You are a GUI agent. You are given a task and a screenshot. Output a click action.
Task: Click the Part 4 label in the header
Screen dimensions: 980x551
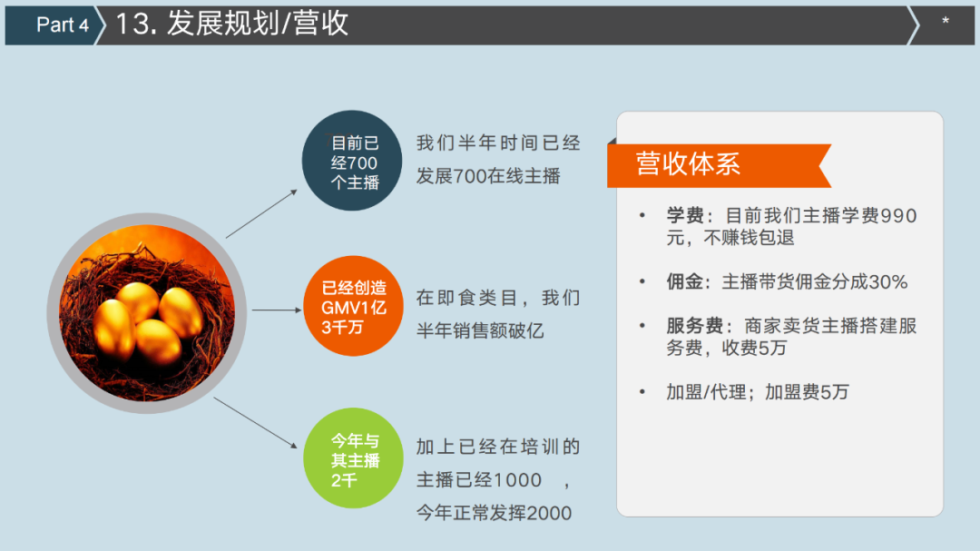pos(62,25)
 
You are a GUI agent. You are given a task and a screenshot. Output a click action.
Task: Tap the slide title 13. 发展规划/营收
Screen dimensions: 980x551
pos(232,24)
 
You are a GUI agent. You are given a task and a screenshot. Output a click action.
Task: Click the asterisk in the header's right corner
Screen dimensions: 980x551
pos(945,22)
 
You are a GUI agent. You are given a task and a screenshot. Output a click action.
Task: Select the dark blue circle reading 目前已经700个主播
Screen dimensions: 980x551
pos(352,161)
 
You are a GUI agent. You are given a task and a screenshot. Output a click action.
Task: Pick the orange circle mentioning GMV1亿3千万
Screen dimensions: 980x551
pos(353,307)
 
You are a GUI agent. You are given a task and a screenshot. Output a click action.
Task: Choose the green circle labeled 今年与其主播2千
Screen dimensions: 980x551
pos(353,458)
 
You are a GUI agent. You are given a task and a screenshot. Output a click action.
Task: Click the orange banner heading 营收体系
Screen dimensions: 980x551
pos(719,165)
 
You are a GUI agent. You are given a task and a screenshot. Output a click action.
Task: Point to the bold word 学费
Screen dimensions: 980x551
pos(685,216)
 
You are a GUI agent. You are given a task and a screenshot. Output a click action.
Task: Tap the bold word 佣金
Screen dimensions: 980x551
pos(685,282)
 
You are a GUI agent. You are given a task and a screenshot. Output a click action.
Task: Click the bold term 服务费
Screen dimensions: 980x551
pos(694,326)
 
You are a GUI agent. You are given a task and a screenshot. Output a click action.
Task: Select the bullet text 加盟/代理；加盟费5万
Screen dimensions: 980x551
pos(758,392)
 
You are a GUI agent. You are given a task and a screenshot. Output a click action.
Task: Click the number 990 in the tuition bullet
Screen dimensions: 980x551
pos(898,216)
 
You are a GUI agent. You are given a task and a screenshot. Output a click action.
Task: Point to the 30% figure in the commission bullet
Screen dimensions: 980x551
pos(888,282)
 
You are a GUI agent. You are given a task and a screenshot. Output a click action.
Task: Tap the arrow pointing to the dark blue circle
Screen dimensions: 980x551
pos(261,214)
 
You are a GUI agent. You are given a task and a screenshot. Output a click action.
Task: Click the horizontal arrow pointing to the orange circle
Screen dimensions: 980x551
pos(277,310)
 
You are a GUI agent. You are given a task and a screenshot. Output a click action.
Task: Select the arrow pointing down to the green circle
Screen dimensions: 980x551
pos(256,423)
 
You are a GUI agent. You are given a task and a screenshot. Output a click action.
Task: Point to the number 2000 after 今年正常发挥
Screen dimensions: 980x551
pos(549,514)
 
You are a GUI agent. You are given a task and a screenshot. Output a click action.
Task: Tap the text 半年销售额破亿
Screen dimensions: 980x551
pos(480,330)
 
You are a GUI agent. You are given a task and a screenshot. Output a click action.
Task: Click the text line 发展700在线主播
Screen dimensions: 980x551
pos(488,176)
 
